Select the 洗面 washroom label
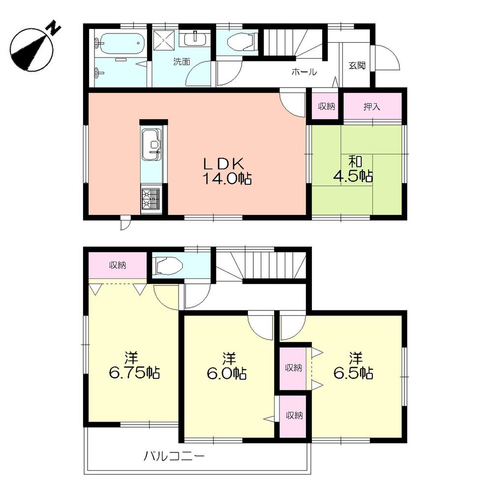pos(181,62)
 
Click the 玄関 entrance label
pos(357,65)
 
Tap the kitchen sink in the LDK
pos(152,144)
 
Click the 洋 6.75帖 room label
pos(132,366)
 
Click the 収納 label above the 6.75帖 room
pos(118,266)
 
